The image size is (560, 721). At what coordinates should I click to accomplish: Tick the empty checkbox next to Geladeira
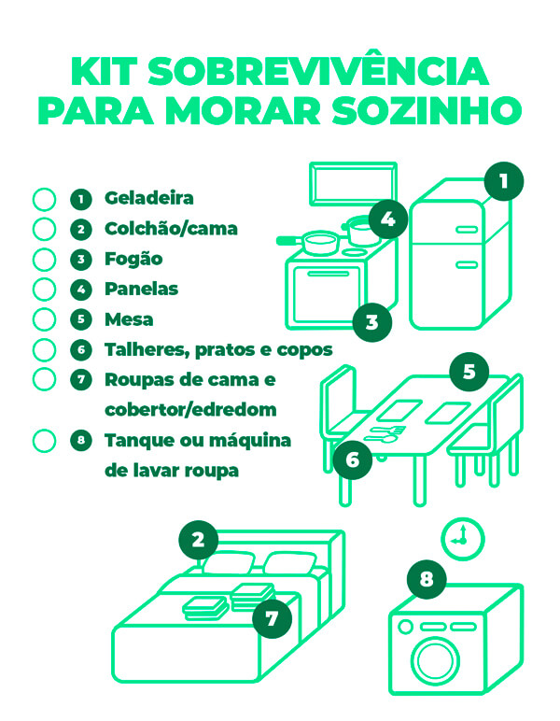(45, 199)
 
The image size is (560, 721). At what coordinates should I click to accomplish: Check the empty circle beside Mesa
(45, 319)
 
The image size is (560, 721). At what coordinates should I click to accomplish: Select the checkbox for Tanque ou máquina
(45, 440)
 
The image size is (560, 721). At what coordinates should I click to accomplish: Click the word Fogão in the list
(133, 259)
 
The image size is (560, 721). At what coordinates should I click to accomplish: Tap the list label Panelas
(141, 289)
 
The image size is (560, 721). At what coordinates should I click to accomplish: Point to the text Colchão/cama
(171, 229)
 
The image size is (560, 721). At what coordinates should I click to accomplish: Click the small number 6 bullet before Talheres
(82, 349)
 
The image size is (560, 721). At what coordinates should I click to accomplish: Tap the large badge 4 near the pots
(388, 221)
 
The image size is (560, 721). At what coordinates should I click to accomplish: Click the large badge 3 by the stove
(372, 323)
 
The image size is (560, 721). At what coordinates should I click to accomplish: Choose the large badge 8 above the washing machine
(427, 579)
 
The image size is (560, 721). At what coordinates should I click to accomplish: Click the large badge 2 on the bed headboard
(198, 539)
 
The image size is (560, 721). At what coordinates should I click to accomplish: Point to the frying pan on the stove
(315, 243)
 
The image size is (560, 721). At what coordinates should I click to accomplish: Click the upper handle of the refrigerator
(466, 230)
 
